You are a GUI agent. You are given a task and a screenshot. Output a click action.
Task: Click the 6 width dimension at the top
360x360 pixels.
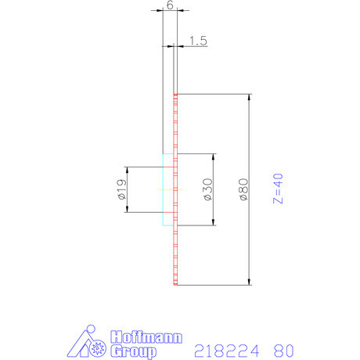tap(170, 5)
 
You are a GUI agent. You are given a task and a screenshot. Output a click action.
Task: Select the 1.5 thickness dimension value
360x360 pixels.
tap(197, 41)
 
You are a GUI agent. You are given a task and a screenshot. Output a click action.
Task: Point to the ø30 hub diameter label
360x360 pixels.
tap(208, 190)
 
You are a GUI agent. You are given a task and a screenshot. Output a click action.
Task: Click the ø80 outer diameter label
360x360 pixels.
tap(243, 190)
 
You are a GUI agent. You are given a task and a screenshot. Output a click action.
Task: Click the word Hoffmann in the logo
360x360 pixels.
tap(147, 338)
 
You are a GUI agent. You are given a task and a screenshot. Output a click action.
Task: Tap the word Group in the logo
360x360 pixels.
tap(133, 351)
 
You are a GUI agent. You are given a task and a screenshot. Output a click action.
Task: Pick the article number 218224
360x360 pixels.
tap(226, 350)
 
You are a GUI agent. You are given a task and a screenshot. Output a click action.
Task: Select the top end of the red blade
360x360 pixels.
tap(176, 95)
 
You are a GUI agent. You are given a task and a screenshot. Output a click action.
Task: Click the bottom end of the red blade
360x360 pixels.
tap(176, 283)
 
